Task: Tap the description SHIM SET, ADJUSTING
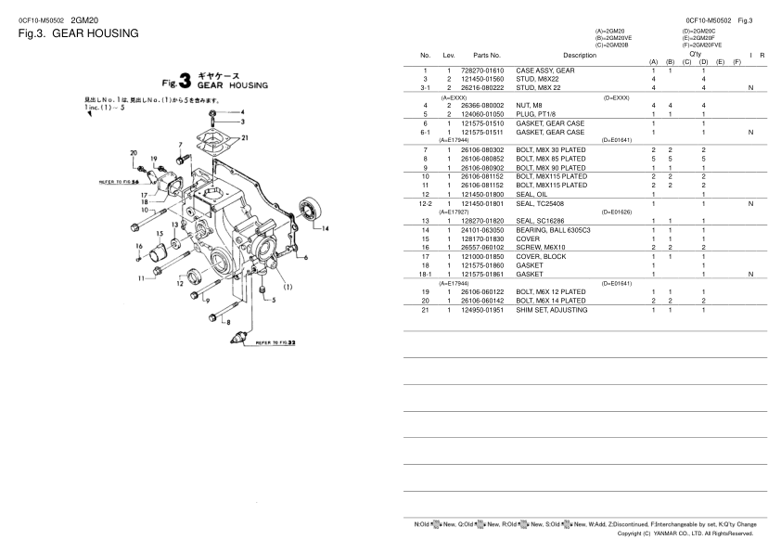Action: click(x=552, y=309)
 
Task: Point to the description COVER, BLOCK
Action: click(x=541, y=256)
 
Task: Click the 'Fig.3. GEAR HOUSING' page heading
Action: click(x=78, y=33)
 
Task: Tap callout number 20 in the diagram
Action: click(x=134, y=153)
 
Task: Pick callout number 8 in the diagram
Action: click(x=224, y=321)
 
